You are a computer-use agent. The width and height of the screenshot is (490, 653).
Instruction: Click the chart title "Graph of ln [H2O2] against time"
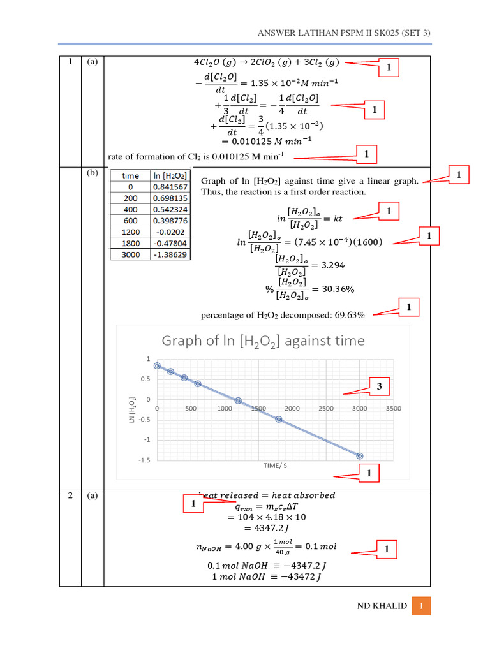pyautogui.click(x=263, y=341)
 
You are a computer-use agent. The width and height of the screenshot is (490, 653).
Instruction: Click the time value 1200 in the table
pyautogui.click(x=130, y=232)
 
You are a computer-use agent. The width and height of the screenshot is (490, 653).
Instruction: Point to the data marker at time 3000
pyautogui.click(x=360, y=456)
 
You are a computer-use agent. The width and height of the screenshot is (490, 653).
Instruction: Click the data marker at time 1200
pyautogui.click(x=238, y=400)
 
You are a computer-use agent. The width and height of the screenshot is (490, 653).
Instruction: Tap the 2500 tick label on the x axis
pyautogui.click(x=326, y=409)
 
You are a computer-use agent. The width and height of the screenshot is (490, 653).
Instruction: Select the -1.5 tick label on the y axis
pyautogui.click(x=144, y=460)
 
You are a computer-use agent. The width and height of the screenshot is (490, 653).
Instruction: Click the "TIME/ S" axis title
pyautogui.click(x=275, y=466)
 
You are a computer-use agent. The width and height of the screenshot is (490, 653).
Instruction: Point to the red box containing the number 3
pyautogui.click(x=379, y=386)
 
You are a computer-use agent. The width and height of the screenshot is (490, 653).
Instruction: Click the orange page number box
pyautogui.click(x=421, y=606)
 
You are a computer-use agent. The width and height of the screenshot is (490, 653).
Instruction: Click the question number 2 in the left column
pyautogui.click(x=70, y=495)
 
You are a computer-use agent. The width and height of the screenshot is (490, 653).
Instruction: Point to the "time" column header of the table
pyautogui.click(x=130, y=175)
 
